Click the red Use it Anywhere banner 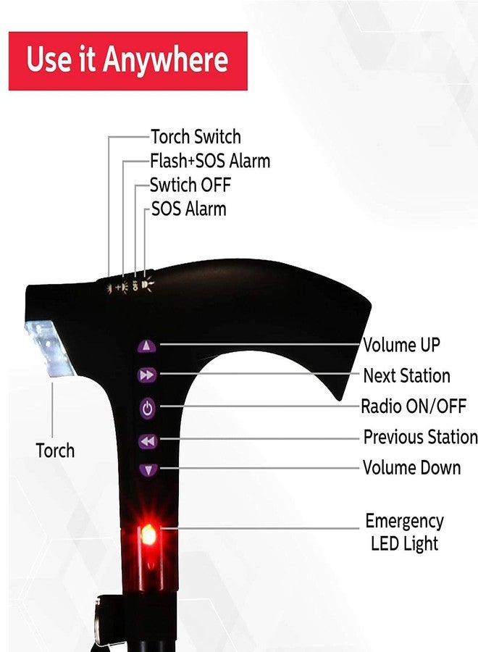pos(128,61)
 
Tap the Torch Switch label pos(196,136)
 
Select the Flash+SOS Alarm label pos(210,161)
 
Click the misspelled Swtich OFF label pos(190,185)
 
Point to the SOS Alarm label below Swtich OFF pos(189,209)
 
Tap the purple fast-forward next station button pos(147,375)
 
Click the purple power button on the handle pos(148,409)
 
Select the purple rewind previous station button pos(148,441)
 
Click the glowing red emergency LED pos(148,535)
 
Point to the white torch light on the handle pos(49,348)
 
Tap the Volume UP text pos(401,345)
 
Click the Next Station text pos(406,375)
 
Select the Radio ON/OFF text pos(413,406)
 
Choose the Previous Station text pos(420,437)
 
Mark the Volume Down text pos(411,468)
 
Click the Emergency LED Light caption pos(404,532)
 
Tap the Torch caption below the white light pos(55,451)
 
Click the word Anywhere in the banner pos(165,59)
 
